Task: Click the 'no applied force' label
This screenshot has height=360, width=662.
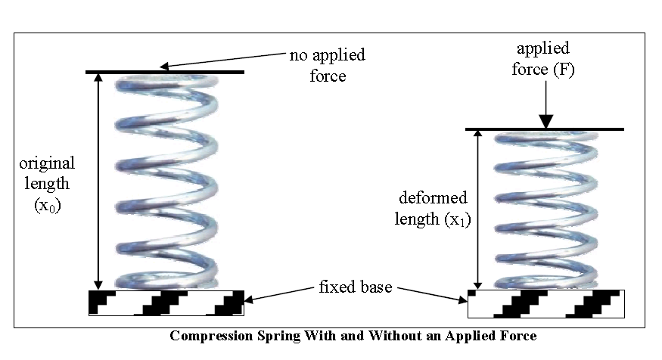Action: coord(327,65)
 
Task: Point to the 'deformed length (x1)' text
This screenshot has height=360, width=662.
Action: coord(433,209)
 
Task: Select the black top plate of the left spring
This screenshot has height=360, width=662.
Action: coord(165,72)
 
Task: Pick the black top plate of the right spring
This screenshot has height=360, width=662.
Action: coord(545,129)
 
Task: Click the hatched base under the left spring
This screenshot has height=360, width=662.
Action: coord(167,303)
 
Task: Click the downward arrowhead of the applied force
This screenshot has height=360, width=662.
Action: coord(545,120)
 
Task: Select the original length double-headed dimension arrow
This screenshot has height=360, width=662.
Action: coord(98,182)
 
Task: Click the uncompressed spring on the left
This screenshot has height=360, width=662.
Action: coord(165,182)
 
